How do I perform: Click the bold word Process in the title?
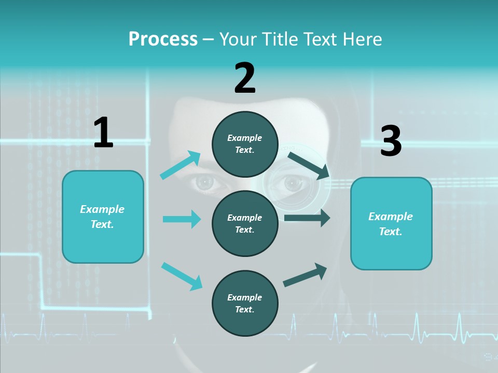click(163, 39)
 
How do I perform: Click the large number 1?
click(103, 133)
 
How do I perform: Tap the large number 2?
click(245, 78)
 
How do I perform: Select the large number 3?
click(391, 141)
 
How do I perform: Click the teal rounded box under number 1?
click(103, 217)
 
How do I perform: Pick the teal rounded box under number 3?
click(391, 223)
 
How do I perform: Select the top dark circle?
click(245, 144)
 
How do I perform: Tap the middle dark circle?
click(245, 223)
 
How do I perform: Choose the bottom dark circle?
click(245, 303)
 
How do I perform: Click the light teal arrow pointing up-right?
click(181, 165)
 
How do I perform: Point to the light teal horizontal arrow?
click(182, 219)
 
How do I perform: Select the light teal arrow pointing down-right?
click(182, 276)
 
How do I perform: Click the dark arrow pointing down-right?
click(308, 164)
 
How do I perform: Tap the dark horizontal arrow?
click(307, 218)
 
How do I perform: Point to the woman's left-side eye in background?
click(206, 182)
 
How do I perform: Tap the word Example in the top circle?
click(245, 138)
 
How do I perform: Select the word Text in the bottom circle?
click(244, 309)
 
